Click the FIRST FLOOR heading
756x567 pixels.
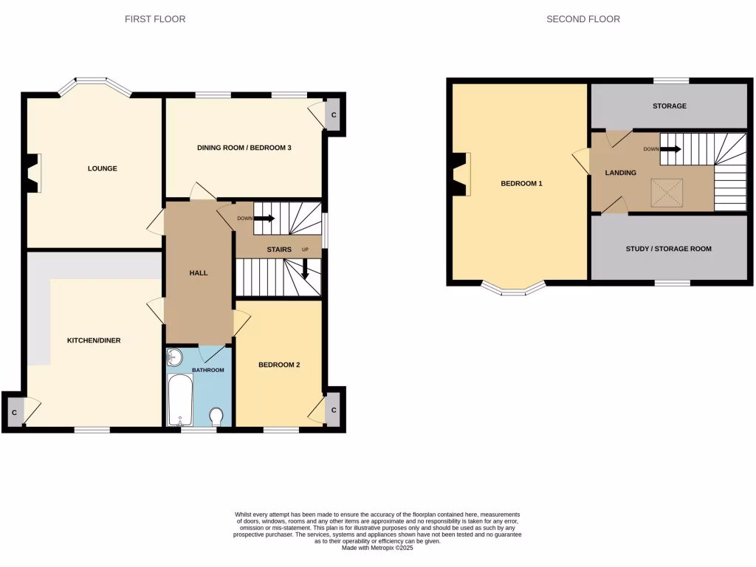pyautogui.click(x=154, y=19)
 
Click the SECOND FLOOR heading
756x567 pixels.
pyautogui.click(x=583, y=19)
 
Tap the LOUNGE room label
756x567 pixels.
pyautogui.click(x=103, y=168)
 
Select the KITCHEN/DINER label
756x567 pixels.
pyautogui.click(x=94, y=340)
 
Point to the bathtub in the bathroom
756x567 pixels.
pyautogui.click(x=180, y=399)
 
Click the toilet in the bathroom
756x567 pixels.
pyautogui.click(x=217, y=417)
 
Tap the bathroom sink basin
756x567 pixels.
pyautogui.click(x=175, y=358)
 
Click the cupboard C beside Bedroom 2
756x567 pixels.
pyautogui.click(x=334, y=410)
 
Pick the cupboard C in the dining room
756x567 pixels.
pyautogui.click(x=334, y=115)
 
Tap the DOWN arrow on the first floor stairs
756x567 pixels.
pyautogui.click(x=264, y=219)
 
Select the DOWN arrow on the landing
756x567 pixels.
pyautogui.click(x=670, y=149)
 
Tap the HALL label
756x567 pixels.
pyautogui.click(x=198, y=273)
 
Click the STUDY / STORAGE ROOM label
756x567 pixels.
pyautogui.click(x=668, y=249)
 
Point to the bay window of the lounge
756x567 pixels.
pyautogui.click(x=94, y=83)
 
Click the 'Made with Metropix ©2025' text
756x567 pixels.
pyautogui.click(x=378, y=548)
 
